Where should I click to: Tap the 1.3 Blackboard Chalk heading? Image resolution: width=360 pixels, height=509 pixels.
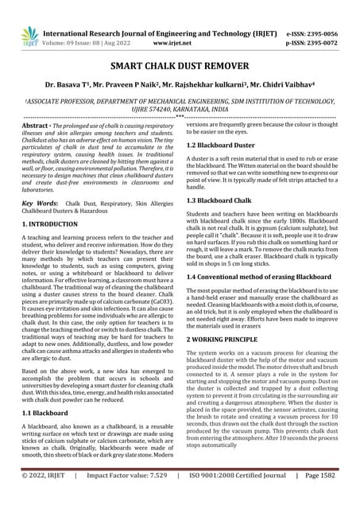(223, 200)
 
